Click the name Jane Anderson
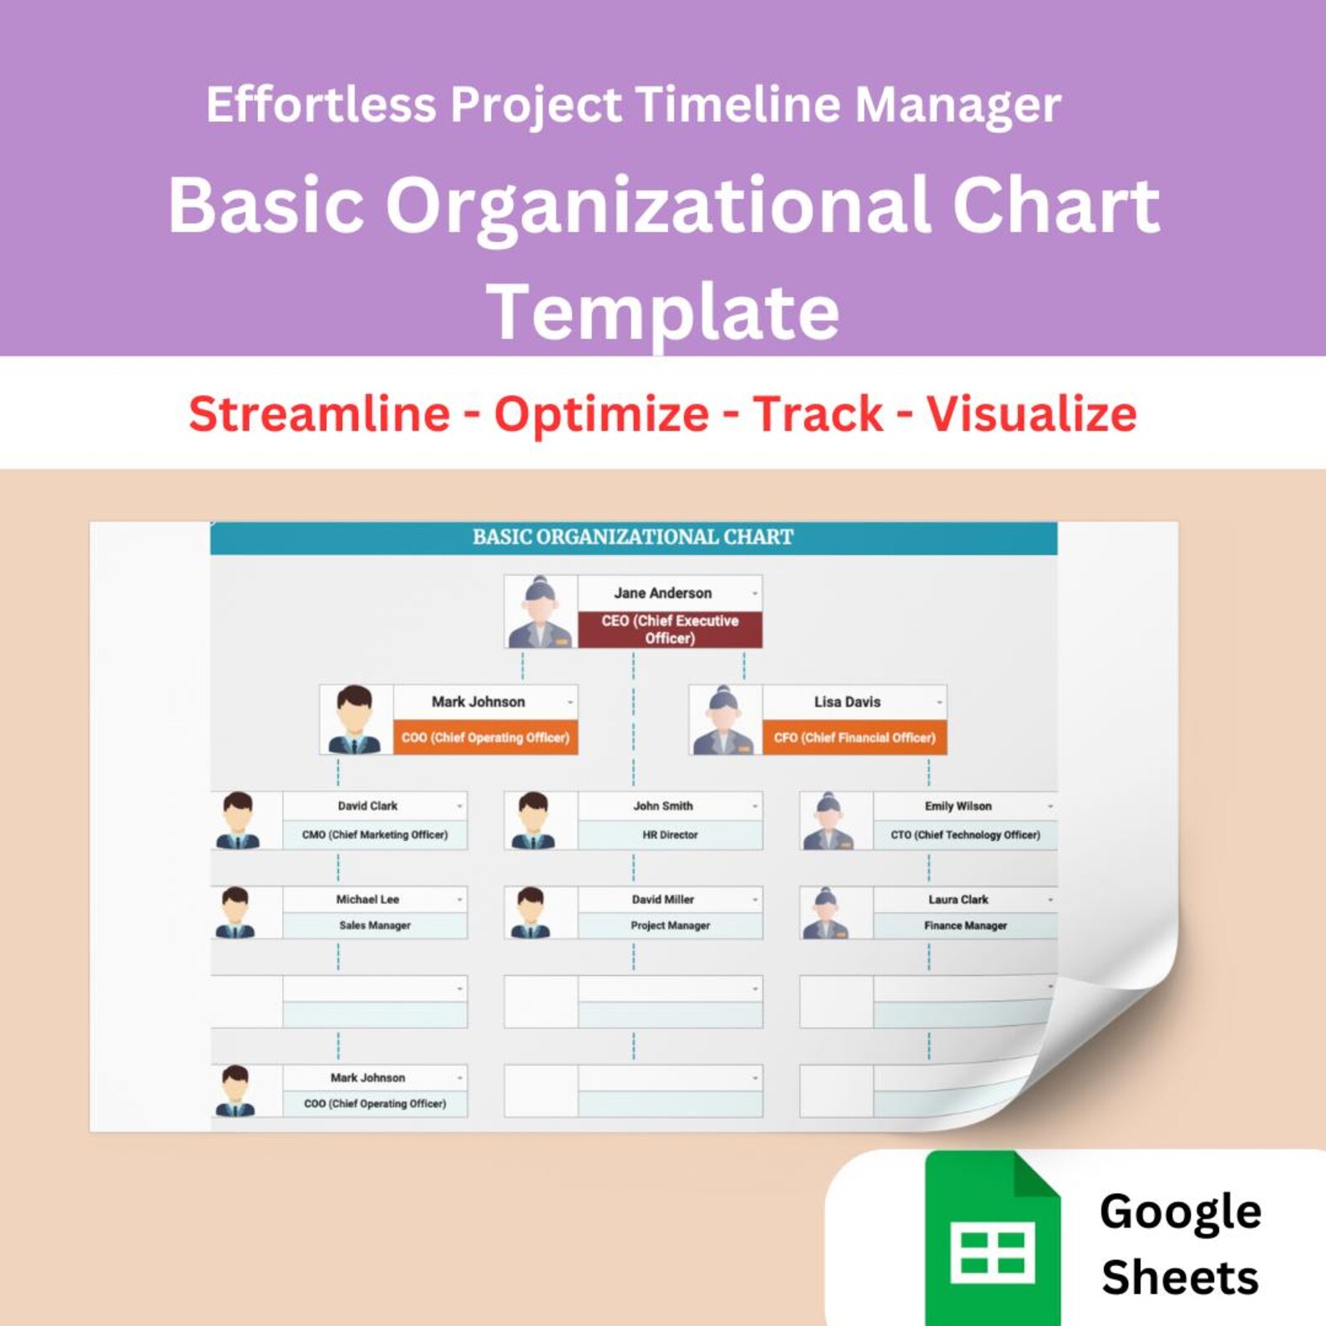tap(663, 593)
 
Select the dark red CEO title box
tap(670, 630)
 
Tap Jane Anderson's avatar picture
tap(540, 612)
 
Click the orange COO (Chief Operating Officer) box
tap(485, 737)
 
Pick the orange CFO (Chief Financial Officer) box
tap(854, 737)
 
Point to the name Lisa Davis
tap(847, 702)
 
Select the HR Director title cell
tap(670, 835)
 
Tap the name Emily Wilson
tap(958, 806)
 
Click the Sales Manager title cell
tap(375, 925)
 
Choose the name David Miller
tap(662, 899)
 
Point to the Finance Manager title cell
tap(965, 925)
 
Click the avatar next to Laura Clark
tap(827, 913)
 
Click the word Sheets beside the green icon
tap(1179, 1278)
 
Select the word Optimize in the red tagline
tap(601, 414)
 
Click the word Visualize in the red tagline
tap(1031, 414)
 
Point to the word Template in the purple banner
tap(663, 312)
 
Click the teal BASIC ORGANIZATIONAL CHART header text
tap(633, 537)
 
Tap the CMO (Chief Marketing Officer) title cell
tap(375, 835)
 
